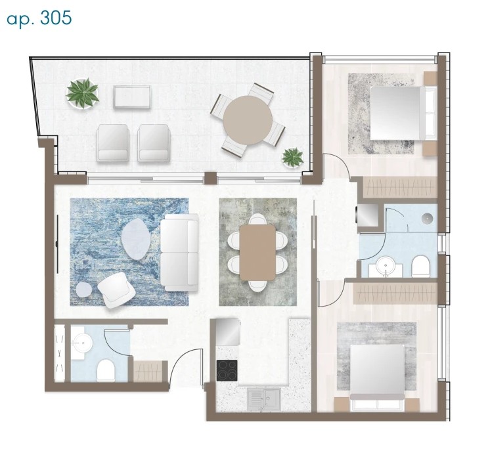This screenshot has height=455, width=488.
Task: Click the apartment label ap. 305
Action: point(39,18)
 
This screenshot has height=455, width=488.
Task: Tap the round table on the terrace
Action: point(248,119)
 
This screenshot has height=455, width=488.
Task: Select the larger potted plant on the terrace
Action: point(83,93)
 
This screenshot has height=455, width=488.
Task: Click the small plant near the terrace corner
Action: point(292,157)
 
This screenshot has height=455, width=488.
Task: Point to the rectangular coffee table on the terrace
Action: point(133,97)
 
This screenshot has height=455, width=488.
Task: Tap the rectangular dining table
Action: point(257,252)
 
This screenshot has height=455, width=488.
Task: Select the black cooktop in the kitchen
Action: point(227,370)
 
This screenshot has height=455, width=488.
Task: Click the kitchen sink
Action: point(264,399)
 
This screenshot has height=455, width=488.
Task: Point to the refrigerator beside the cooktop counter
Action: point(228,331)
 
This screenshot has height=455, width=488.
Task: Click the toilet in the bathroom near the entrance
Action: point(106,370)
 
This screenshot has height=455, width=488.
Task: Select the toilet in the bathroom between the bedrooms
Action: point(421,267)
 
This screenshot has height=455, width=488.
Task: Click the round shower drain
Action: point(428,218)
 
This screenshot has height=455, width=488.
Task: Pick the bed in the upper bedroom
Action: point(402,113)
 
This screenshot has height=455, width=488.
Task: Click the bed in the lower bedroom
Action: point(377,377)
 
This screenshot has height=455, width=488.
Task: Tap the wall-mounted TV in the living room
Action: point(57,244)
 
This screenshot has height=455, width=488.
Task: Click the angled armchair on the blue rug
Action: point(116,290)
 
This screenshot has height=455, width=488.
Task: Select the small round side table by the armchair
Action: point(84,290)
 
